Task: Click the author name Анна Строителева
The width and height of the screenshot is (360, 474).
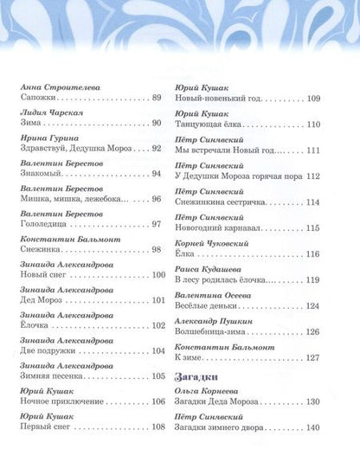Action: [x=56, y=86]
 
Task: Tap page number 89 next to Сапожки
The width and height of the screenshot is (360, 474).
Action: [x=157, y=99]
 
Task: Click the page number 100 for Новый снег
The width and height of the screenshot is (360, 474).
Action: [x=157, y=274]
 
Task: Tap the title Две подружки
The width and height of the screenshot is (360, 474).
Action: [x=48, y=349]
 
